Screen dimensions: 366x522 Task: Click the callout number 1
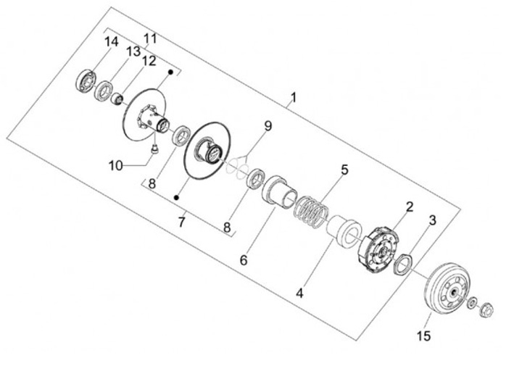[293, 96]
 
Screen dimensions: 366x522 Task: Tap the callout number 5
[344, 170]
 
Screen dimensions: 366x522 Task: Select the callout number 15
[423, 335]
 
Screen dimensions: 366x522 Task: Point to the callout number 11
[150, 38]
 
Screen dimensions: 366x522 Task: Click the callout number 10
[116, 165]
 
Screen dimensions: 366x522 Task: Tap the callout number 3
[432, 220]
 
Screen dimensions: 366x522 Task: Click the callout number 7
[182, 220]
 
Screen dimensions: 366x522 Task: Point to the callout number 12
[149, 62]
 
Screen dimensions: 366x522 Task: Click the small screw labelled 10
[154, 150]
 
